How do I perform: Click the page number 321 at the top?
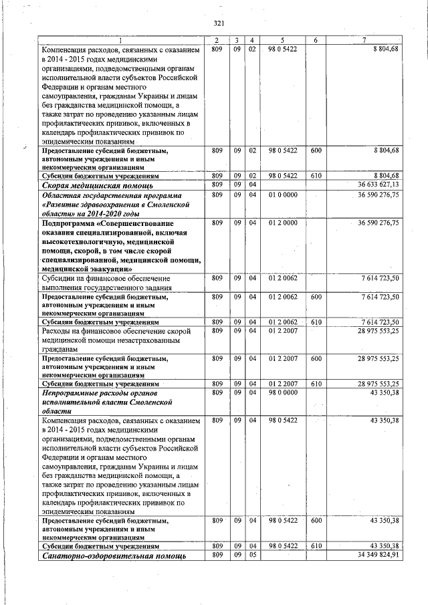tap(218, 23)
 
